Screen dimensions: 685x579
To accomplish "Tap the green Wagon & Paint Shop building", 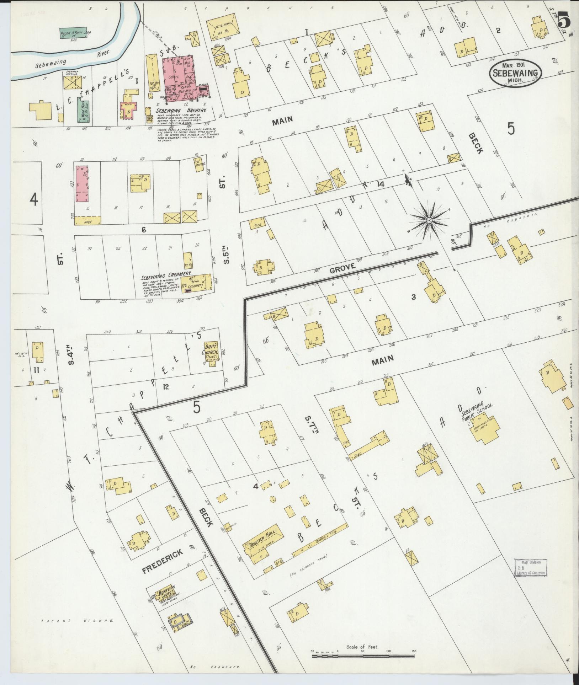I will (x=75, y=34).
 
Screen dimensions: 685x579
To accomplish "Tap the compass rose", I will (x=429, y=221).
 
